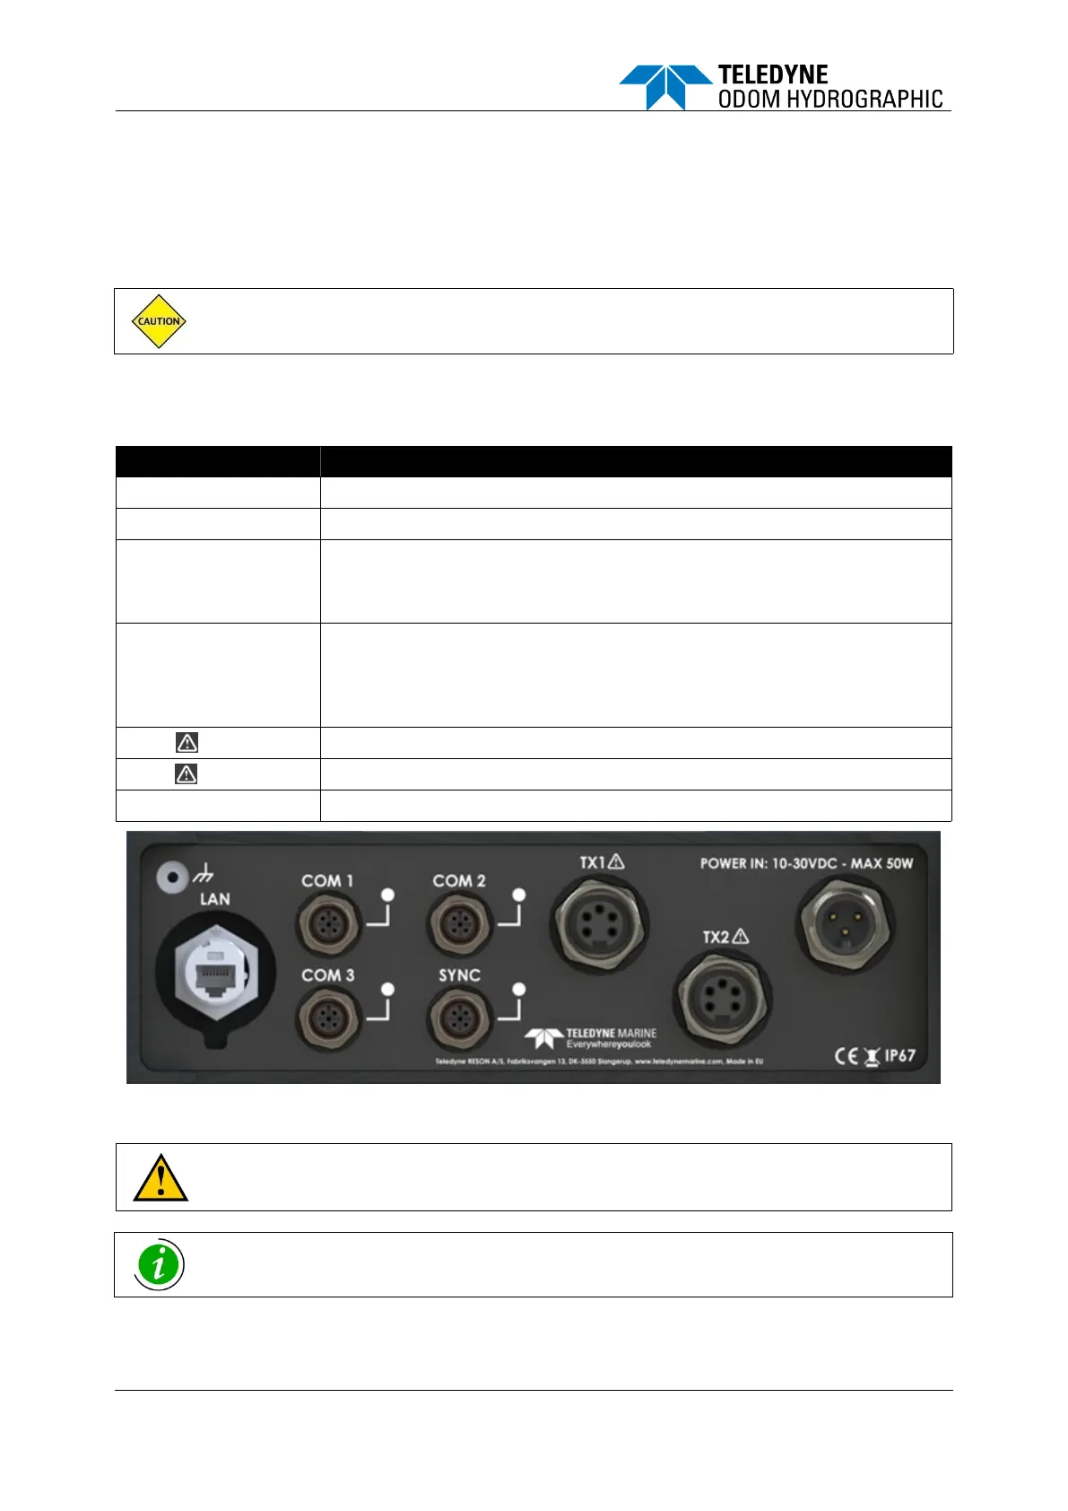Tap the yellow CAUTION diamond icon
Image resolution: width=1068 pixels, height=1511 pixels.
pyautogui.click(x=159, y=321)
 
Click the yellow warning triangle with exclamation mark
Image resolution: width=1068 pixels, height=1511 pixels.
pyautogui.click(x=160, y=1178)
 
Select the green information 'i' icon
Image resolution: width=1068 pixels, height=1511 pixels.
pyautogui.click(x=160, y=1265)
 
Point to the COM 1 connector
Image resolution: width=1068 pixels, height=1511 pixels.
pyautogui.click(x=328, y=923)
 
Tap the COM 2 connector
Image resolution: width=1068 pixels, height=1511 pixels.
pyautogui.click(x=460, y=923)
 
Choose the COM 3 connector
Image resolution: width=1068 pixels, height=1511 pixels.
pyautogui.click(x=328, y=1018)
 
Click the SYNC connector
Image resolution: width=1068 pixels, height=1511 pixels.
pyautogui.click(x=460, y=1018)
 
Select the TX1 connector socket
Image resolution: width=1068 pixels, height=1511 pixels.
pyautogui.click(x=598, y=923)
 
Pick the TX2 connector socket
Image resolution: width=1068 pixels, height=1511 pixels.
pyautogui.click(x=722, y=998)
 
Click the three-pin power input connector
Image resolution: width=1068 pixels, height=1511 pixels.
pyautogui.click(x=844, y=924)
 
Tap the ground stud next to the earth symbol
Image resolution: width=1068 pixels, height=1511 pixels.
pyautogui.click(x=167, y=877)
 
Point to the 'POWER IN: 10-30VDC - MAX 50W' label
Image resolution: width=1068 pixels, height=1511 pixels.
pyautogui.click(x=806, y=863)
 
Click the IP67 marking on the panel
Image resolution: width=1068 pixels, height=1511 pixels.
pyautogui.click(x=899, y=1055)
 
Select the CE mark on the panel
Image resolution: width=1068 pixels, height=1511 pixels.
pyautogui.click(x=847, y=1056)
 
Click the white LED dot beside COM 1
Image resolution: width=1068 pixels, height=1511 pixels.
pyautogui.click(x=388, y=895)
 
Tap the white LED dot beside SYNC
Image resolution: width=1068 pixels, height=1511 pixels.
pyautogui.click(x=518, y=989)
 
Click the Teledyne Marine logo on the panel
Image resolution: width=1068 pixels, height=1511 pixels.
pyautogui.click(x=592, y=1038)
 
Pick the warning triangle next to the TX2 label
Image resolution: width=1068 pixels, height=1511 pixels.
pyautogui.click(x=741, y=936)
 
